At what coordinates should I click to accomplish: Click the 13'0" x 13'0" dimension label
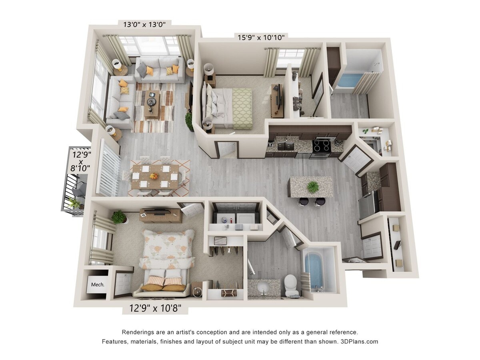147,24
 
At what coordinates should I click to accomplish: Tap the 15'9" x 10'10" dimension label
261,38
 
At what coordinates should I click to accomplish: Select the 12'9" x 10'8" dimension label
155,308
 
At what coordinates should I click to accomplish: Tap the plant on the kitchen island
313,186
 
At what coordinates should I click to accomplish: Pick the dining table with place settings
155,176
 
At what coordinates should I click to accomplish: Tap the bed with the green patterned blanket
230,108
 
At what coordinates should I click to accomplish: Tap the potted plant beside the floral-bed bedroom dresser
119,217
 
